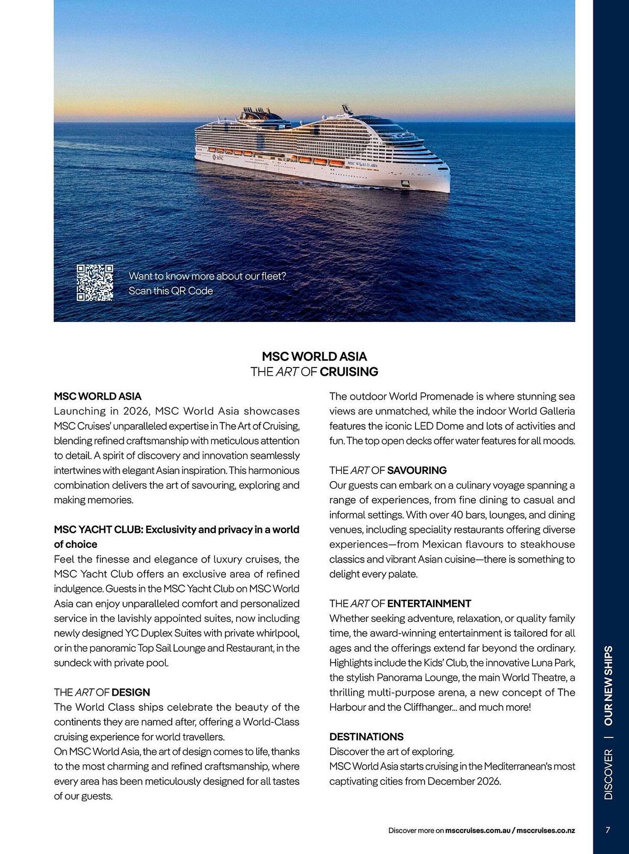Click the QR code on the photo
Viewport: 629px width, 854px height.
pos(95,283)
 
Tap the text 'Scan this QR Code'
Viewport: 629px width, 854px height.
pos(170,291)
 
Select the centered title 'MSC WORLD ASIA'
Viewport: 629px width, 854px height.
pos(314,357)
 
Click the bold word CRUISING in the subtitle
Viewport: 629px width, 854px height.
pos(348,372)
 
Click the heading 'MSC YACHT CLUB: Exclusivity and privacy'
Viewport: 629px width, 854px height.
pos(176,530)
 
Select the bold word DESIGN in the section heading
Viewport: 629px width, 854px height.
pos(131,692)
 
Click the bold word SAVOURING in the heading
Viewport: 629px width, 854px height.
pos(416,471)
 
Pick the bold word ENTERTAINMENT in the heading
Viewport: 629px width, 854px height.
pos(429,603)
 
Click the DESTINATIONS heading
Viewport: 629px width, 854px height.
pos(366,737)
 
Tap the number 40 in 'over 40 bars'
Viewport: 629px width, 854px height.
pos(456,515)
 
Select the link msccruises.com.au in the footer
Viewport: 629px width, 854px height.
pos(477,831)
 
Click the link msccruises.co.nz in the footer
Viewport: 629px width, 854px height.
pos(545,831)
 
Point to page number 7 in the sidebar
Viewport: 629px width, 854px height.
pos(608,830)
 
